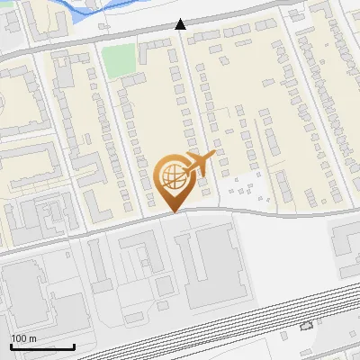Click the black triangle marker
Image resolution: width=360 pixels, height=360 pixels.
tap(181, 24)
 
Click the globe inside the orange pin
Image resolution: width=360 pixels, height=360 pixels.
tap(171, 174)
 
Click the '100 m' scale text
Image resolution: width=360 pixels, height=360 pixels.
tap(23, 338)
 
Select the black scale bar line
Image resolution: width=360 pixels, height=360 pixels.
tap(42, 346)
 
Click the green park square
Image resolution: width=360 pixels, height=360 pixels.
tap(116, 61)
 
